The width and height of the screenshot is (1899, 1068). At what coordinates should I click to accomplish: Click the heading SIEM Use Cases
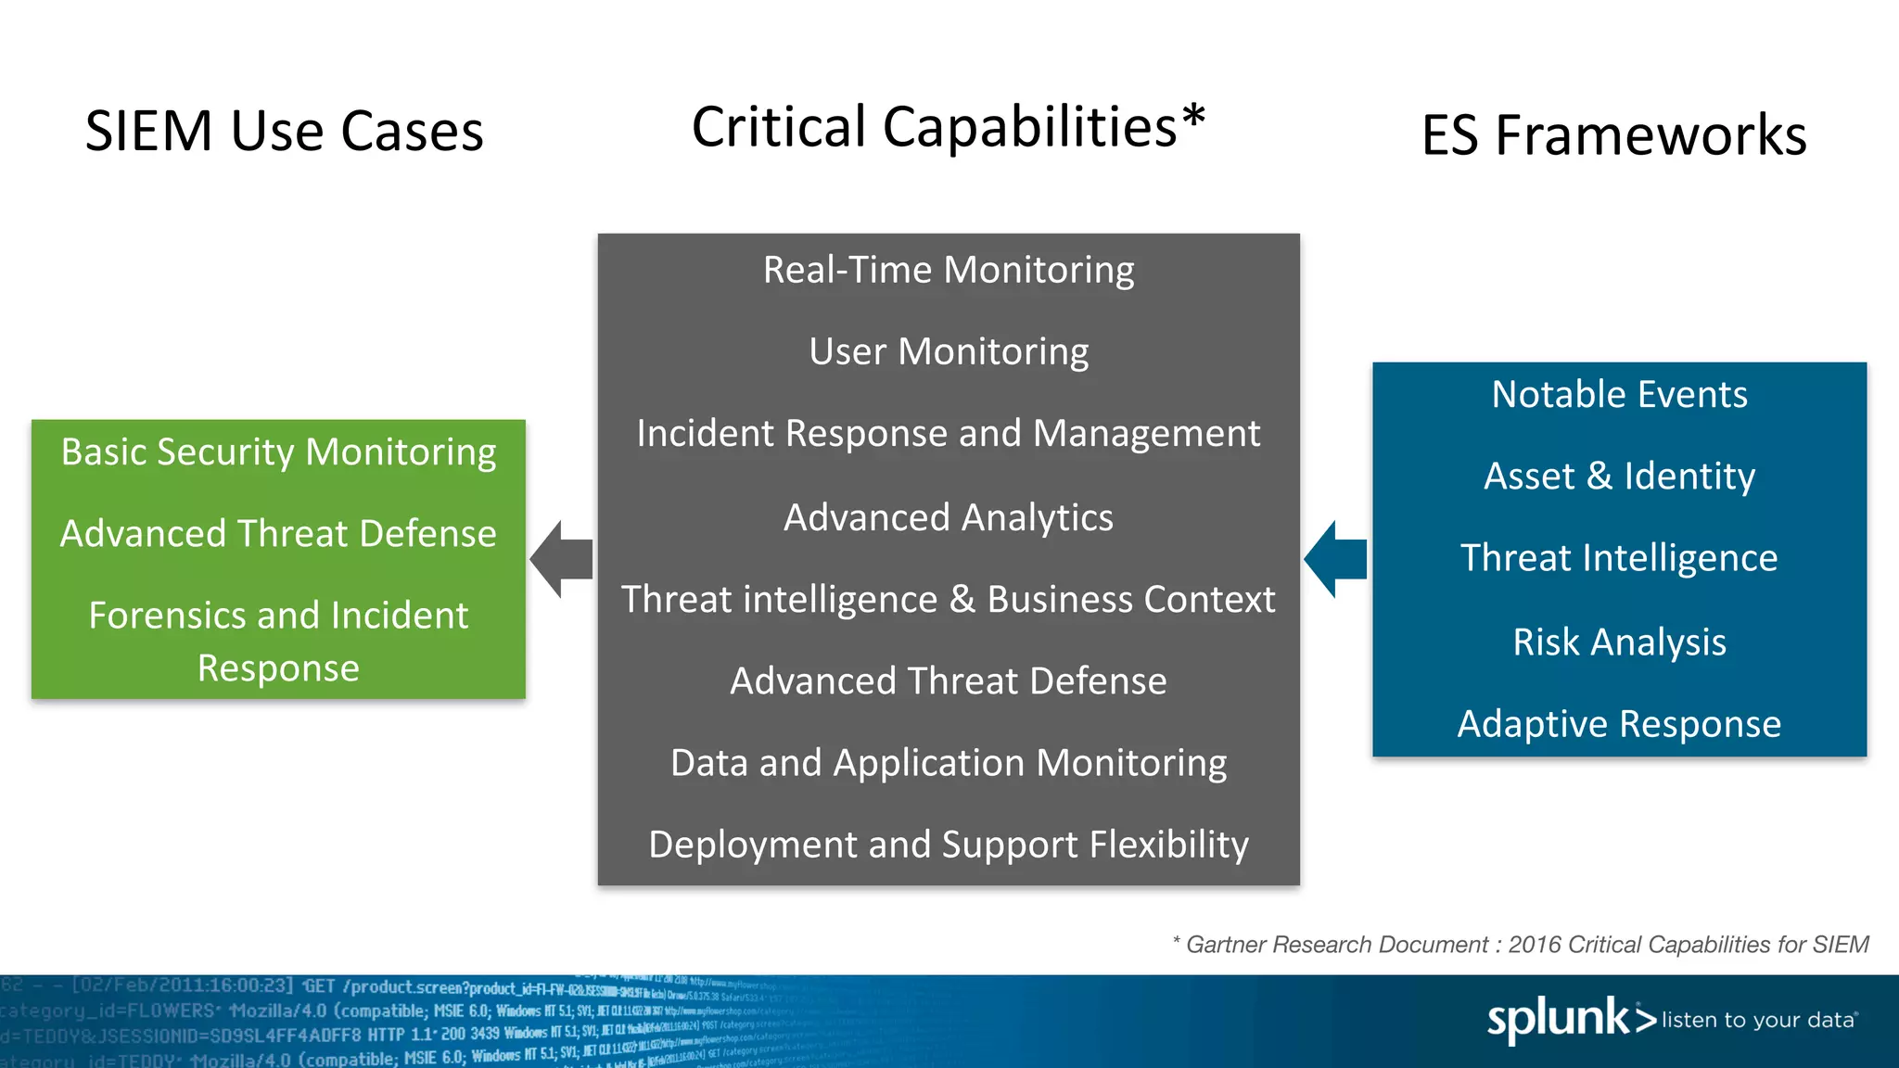[284, 131]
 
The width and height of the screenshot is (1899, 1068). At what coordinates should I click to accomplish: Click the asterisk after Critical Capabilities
[1193, 119]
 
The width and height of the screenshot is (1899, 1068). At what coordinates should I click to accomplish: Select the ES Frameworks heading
[1613, 135]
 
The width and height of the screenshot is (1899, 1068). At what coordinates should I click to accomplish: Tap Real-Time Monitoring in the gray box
[949, 270]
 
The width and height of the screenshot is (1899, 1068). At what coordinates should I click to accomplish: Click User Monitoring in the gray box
[949, 351]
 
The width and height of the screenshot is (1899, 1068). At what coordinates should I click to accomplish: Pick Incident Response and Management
[949, 433]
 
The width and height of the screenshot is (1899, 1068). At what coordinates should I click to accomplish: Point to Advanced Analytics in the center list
[949, 517]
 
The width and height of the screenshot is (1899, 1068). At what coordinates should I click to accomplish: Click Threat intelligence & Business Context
[949, 599]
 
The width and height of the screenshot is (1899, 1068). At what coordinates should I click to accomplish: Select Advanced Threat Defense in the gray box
[949, 680]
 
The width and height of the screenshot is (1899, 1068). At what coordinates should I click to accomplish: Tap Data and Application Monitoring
[949, 763]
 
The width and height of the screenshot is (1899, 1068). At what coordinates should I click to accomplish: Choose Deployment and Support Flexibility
[949, 845]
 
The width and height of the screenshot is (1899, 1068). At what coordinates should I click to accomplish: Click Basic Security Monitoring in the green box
[278, 452]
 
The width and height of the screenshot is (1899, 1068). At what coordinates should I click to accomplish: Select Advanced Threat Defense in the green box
[278, 534]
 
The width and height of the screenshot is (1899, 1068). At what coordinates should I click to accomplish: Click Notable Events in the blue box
[1619, 395]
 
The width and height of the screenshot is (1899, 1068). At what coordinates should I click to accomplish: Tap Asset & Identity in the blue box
[1619, 477]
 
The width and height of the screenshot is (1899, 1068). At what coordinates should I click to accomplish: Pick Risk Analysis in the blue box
[1619, 642]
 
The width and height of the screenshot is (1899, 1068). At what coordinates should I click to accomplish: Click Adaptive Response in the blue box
[1619, 724]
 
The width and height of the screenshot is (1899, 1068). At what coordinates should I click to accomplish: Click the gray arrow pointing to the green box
[562, 559]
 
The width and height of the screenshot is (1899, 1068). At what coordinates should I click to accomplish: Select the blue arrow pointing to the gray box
[1336, 559]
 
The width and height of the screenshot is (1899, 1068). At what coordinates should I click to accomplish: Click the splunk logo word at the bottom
[1558, 1020]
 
